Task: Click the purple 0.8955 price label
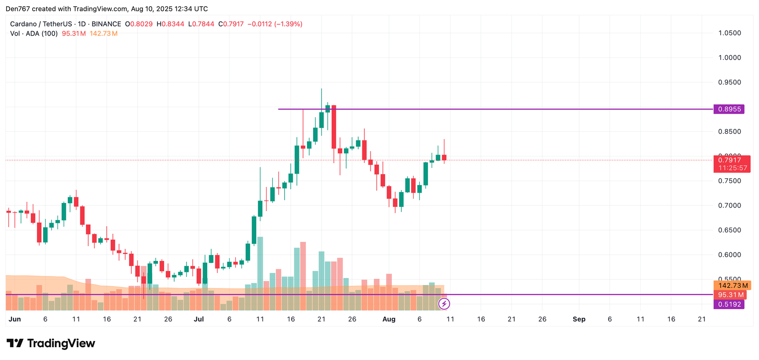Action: pyautogui.click(x=729, y=109)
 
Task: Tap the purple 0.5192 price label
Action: pyautogui.click(x=729, y=305)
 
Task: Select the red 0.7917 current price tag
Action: pyautogui.click(x=731, y=160)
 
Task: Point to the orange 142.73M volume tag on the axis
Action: pyautogui.click(x=732, y=286)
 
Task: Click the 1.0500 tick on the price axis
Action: pyautogui.click(x=730, y=33)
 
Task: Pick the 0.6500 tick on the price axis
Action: pyautogui.click(x=730, y=230)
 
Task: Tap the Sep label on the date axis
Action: pyautogui.click(x=579, y=319)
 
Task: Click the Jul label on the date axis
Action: pyautogui.click(x=199, y=319)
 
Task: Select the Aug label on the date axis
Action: pyautogui.click(x=389, y=319)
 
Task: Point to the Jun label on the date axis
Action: pyautogui.click(x=15, y=319)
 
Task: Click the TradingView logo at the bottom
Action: pyautogui.click(x=51, y=343)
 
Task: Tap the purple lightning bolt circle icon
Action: pyautogui.click(x=444, y=304)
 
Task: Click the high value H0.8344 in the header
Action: pyautogui.click(x=170, y=24)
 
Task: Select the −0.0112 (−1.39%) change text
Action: pyautogui.click(x=275, y=24)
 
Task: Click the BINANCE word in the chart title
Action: pyautogui.click(x=106, y=24)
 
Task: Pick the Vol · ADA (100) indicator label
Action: pyautogui.click(x=34, y=34)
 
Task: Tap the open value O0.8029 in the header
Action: pyautogui.click(x=139, y=24)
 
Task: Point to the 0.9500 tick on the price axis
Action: pyautogui.click(x=730, y=83)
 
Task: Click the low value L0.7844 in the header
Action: pyautogui.click(x=201, y=24)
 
